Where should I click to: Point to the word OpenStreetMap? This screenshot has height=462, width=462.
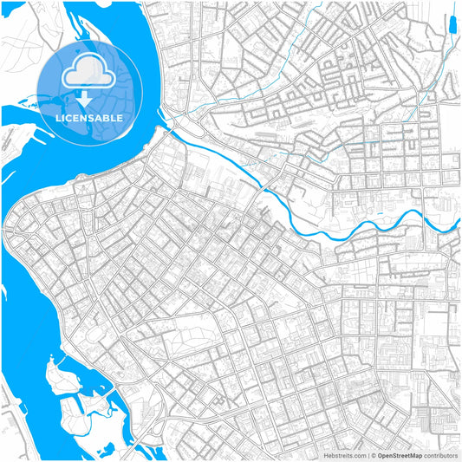pyautogui.click(x=400, y=454)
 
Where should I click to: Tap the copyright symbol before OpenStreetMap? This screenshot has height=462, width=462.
pyautogui.click(x=374, y=454)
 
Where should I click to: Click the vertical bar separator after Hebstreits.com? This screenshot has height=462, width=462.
pyautogui.click(x=368, y=454)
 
